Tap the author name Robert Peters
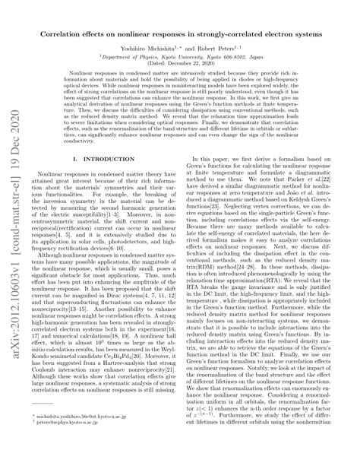click(x=226, y=47)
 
